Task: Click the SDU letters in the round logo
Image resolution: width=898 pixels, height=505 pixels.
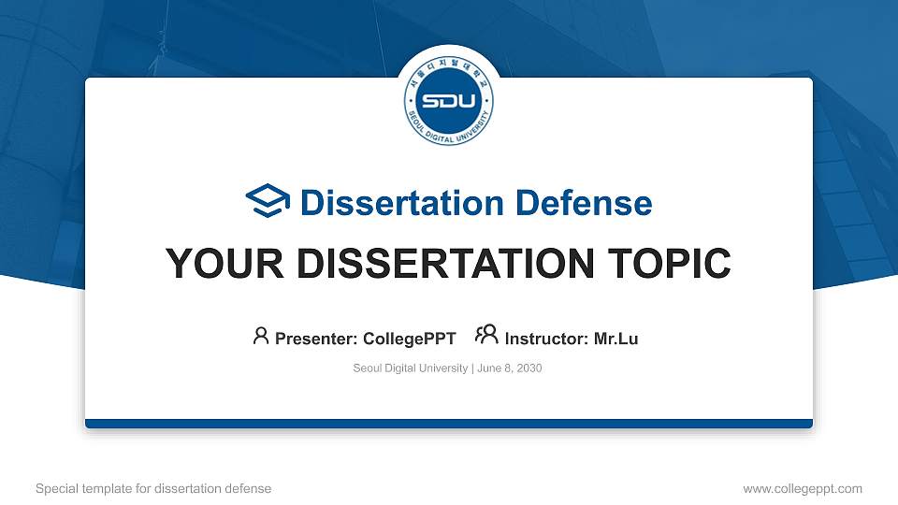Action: pos(448,101)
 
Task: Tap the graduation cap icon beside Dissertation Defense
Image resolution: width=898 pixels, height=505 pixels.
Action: pos(268,200)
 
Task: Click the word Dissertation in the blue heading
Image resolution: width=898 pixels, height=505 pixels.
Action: pos(402,203)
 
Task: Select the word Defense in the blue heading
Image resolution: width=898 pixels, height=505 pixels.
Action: pos(584,203)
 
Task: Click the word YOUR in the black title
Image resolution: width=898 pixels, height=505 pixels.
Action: pos(224,264)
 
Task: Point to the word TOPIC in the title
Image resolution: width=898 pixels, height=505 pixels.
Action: pos(669,264)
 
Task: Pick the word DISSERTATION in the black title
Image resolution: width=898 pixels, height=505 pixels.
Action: pos(445,264)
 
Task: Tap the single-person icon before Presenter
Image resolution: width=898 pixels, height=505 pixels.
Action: pos(261,336)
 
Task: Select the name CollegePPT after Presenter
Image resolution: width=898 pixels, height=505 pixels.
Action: pos(410,339)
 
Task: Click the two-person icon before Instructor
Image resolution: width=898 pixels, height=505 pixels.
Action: pos(486,335)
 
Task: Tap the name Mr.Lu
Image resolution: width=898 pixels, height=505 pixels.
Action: pos(616,339)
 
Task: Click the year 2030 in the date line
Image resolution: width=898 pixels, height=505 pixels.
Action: pos(529,368)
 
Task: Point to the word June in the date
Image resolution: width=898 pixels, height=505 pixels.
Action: pos(489,368)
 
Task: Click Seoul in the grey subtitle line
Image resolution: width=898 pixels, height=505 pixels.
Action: pos(367,368)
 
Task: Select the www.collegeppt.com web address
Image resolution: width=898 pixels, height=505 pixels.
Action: pos(803,489)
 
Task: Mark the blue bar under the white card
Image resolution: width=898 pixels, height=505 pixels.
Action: pos(449,424)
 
